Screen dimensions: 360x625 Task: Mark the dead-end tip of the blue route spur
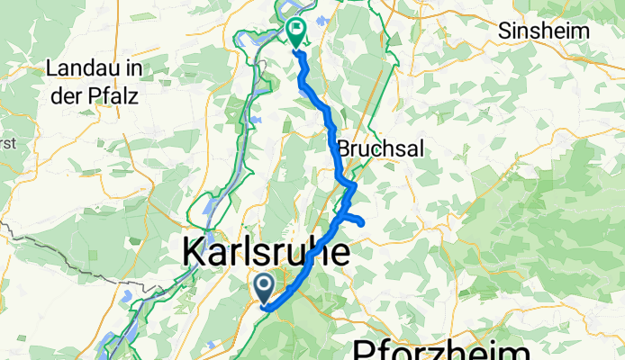[361, 222]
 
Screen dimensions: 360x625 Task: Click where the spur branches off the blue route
[339, 217]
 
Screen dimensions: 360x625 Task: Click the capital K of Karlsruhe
[194, 252]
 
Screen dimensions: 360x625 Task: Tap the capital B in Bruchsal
[343, 148]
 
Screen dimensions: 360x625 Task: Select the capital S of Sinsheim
[504, 31]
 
